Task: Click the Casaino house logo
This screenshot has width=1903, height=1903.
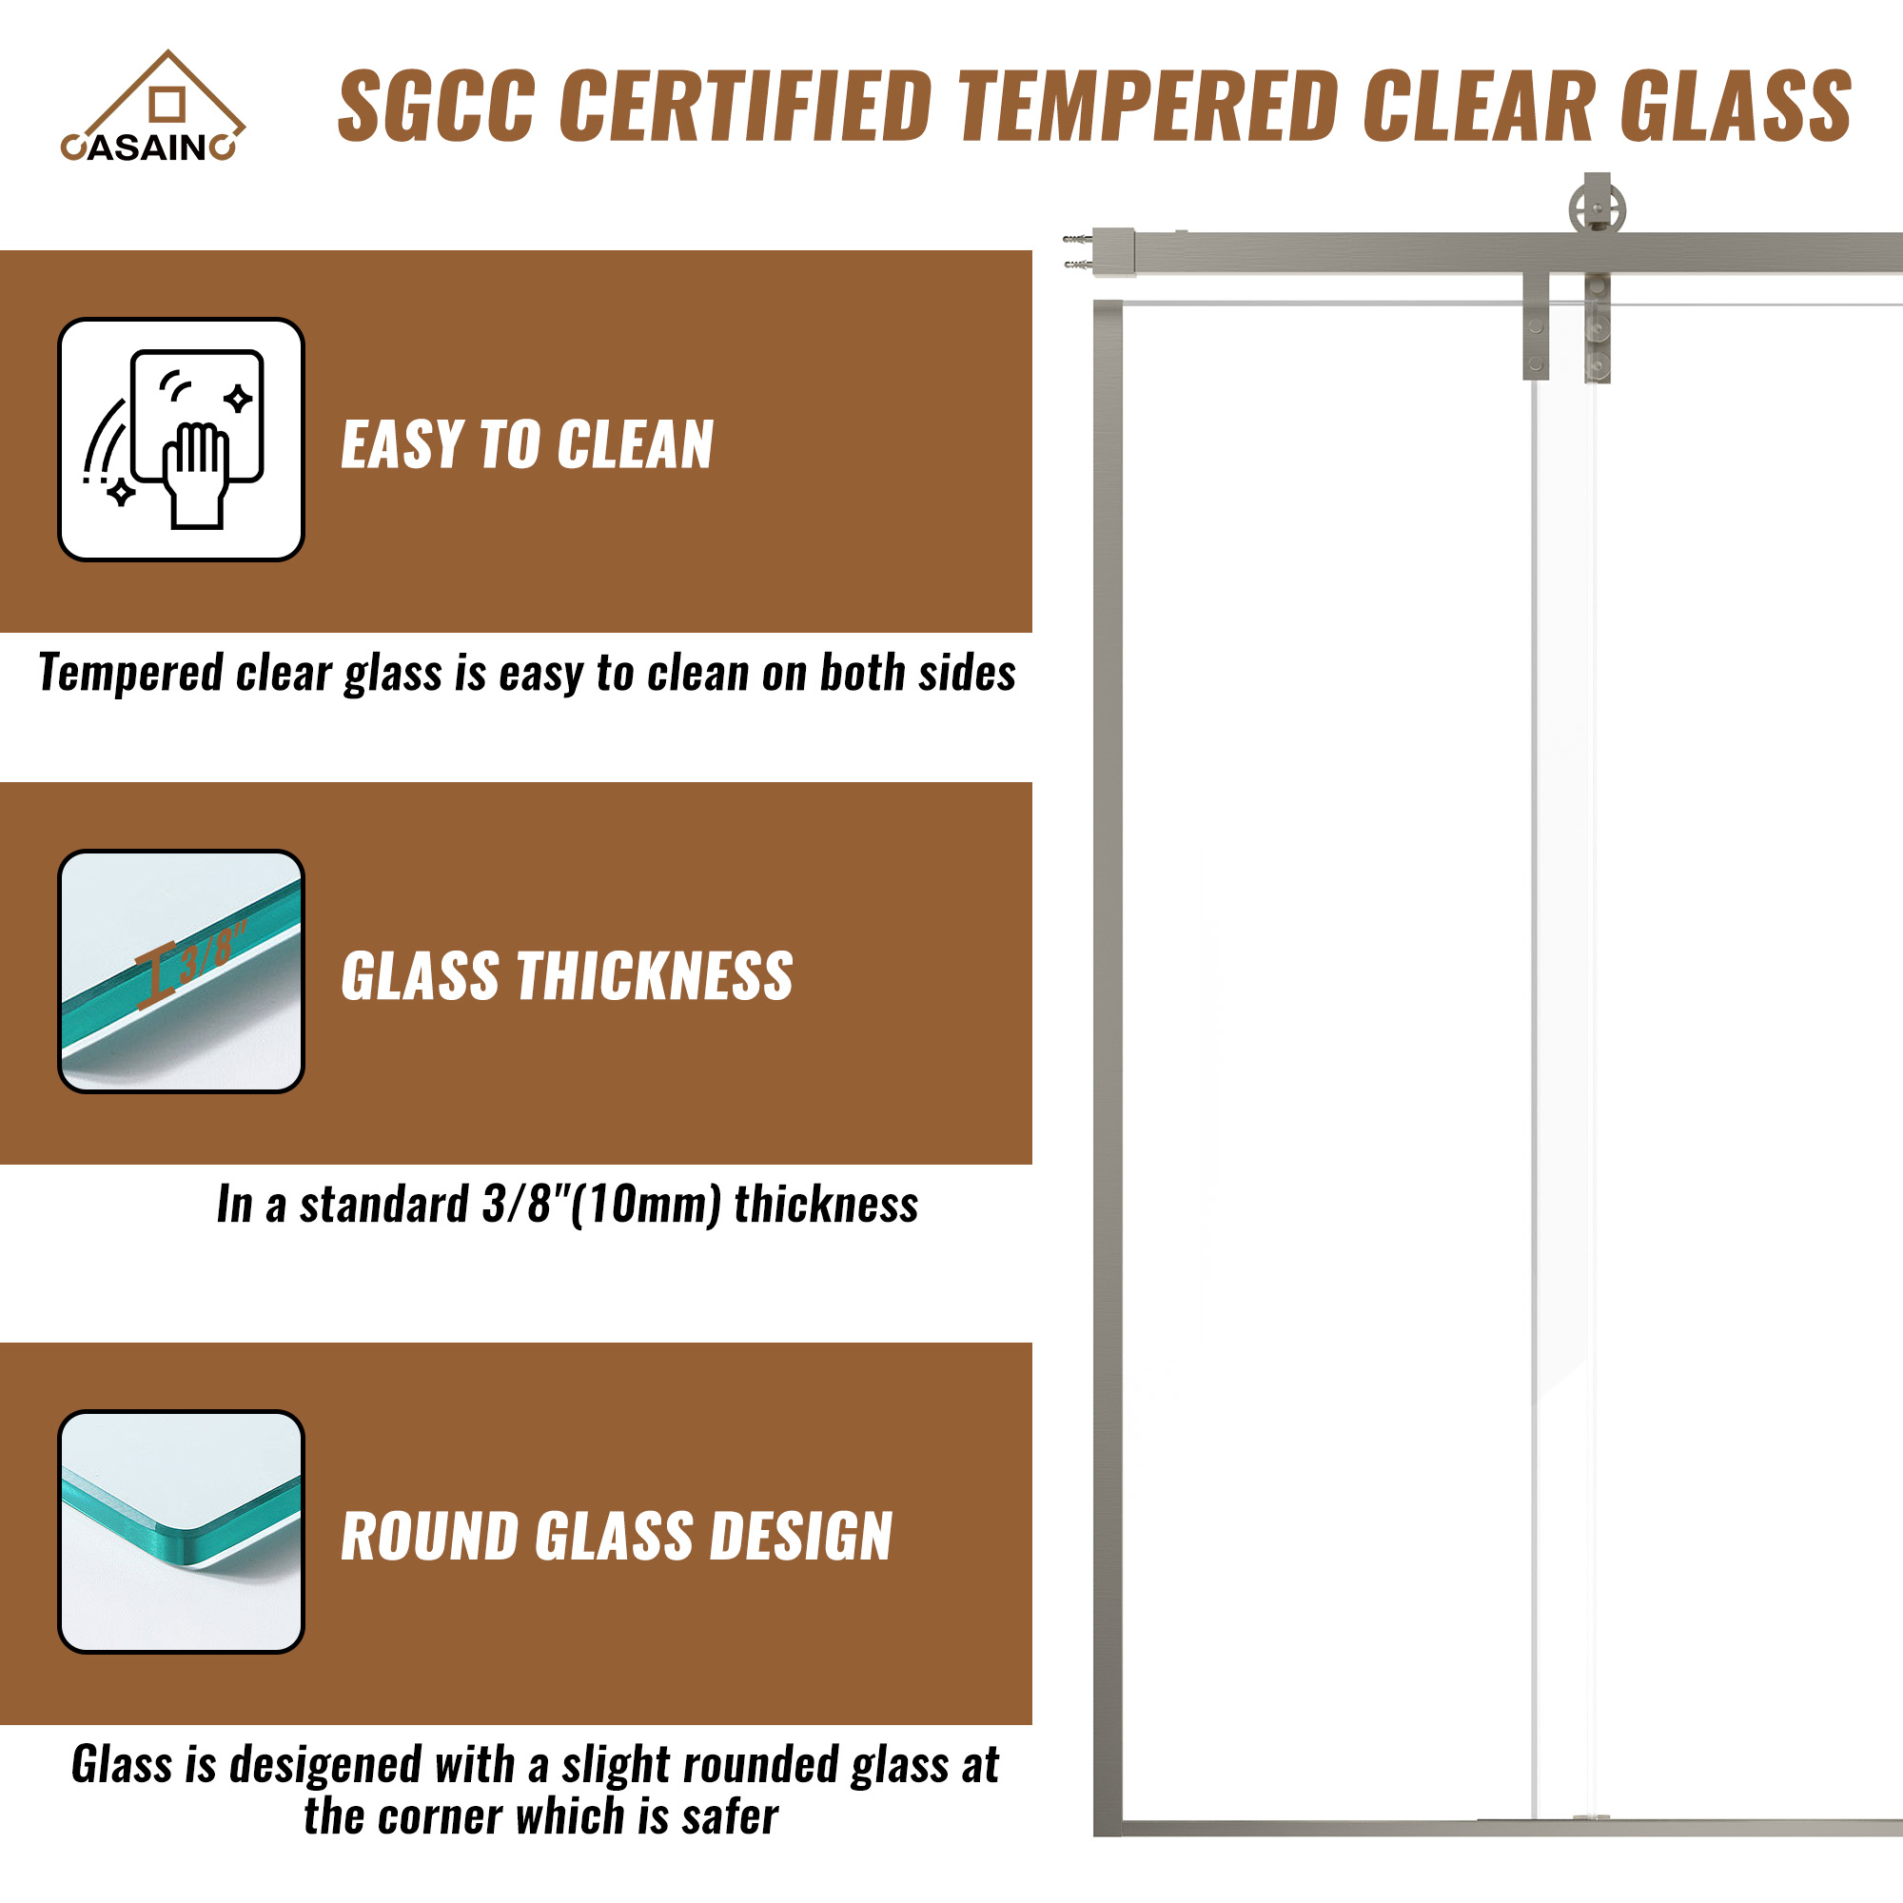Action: (152, 106)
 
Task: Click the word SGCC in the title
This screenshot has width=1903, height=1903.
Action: (438, 107)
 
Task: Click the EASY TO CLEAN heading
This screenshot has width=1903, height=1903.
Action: (527, 444)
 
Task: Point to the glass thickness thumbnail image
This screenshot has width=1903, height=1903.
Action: (181, 971)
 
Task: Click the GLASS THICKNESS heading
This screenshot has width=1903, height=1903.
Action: (566, 976)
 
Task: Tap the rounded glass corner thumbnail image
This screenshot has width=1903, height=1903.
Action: (181, 1532)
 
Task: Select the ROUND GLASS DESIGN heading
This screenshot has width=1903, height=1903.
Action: (617, 1537)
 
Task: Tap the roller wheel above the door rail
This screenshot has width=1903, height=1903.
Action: (1597, 208)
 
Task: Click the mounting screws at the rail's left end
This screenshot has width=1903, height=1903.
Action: (1078, 251)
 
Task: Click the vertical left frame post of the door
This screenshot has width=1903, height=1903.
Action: (1108, 1069)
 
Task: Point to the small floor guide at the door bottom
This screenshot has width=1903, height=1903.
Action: (1592, 1818)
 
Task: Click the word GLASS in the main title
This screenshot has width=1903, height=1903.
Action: (1736, 107)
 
